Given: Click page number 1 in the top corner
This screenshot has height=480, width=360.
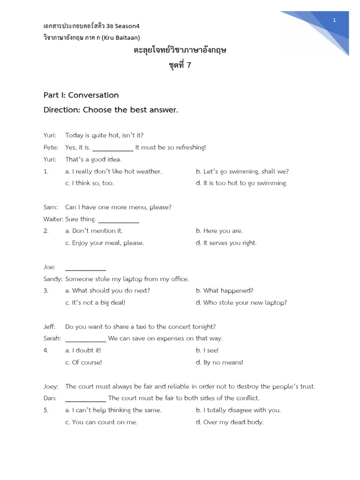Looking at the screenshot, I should [x=335, y=20].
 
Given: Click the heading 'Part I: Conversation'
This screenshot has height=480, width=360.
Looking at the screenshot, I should [x=81, y=95].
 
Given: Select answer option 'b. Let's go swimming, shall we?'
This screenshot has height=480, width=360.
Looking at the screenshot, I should [x=242, y=172].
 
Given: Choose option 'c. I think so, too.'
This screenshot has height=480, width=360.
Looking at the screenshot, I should [x=89, y=183].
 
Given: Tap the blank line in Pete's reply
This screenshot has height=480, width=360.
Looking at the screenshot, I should [x=113, y=148].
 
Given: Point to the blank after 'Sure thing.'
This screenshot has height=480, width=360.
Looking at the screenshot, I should [x=118, y=220].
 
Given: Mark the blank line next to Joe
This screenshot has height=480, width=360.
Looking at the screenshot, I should [x=86, y=268].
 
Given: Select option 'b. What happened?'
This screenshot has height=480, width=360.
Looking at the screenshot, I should [x=225, y=291].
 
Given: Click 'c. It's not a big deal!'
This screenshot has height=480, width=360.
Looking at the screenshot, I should [x=95, y=303].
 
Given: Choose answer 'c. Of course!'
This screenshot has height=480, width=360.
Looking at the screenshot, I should [x=83, y=362].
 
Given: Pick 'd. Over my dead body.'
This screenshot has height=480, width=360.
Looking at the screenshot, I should [x=230, y=422].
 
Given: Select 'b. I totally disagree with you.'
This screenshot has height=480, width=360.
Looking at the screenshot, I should [x=238, y=410].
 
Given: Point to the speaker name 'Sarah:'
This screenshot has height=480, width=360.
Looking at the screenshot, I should [x=52, y=338].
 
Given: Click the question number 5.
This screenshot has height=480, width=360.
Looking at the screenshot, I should [x=46, y=410].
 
